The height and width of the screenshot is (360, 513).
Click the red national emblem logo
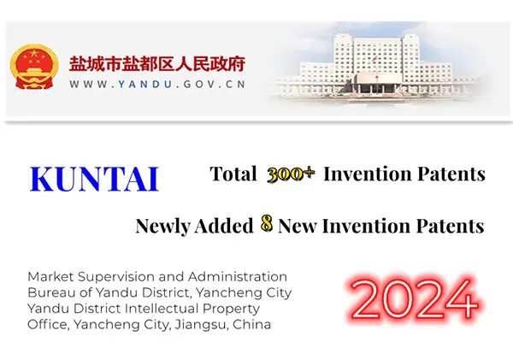tap(35, 68)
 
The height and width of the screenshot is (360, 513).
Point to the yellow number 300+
tap(291, 174)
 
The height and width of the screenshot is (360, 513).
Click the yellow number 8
tap(267, 226)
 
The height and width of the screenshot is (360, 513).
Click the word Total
tap(233, 174)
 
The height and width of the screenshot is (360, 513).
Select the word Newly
tap(164, 227)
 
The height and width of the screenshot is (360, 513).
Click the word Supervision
tap(116, 276)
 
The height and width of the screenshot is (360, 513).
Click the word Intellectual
tap(171, 308)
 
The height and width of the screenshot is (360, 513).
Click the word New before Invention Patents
tap(301, 227)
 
